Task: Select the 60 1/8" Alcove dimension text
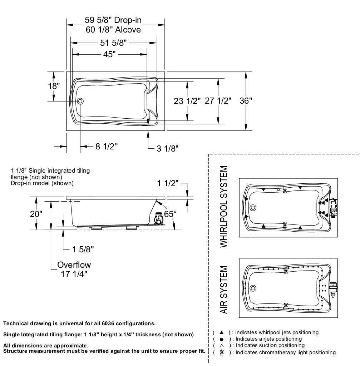[113, 30]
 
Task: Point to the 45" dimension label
[110, 54]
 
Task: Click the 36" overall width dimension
[246, 101]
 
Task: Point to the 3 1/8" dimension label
[167, 148]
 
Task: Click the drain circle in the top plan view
[80, 102]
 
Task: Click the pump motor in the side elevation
[158, 218]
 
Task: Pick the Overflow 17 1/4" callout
[74, 269]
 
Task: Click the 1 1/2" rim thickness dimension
[168, 183]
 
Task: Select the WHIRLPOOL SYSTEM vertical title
[224, 207]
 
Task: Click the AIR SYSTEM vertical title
[224, 290]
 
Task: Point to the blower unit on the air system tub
[333, 289]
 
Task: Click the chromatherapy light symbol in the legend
[222, 352]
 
